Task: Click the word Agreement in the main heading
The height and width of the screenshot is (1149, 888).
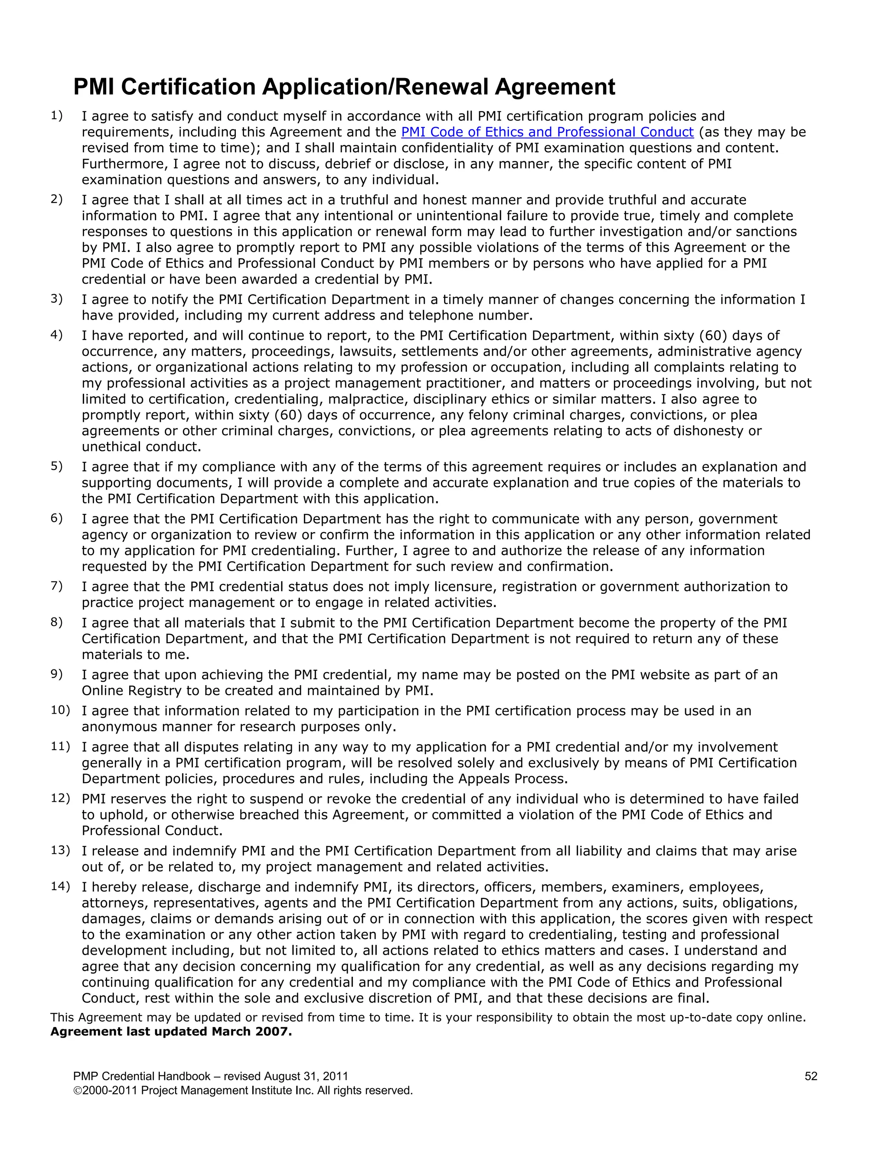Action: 555,87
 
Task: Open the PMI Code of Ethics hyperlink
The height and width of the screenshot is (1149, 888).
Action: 547,132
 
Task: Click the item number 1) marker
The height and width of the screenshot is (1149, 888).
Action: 57,115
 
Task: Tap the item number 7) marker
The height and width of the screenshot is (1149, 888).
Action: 57,585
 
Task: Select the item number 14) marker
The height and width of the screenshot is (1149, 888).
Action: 60,886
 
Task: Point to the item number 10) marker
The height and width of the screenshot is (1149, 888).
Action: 60,710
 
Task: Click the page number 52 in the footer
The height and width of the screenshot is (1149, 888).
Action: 811,1076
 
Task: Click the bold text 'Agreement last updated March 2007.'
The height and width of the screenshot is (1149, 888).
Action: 171,1031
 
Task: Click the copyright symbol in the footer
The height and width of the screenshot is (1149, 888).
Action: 77,1090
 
